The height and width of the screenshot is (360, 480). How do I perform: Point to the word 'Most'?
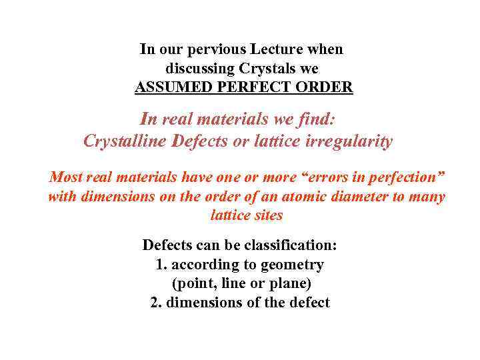(65, 178)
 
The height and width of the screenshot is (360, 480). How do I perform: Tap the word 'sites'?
(268, 215)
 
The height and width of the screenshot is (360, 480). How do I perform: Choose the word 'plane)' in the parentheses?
(291, 283)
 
